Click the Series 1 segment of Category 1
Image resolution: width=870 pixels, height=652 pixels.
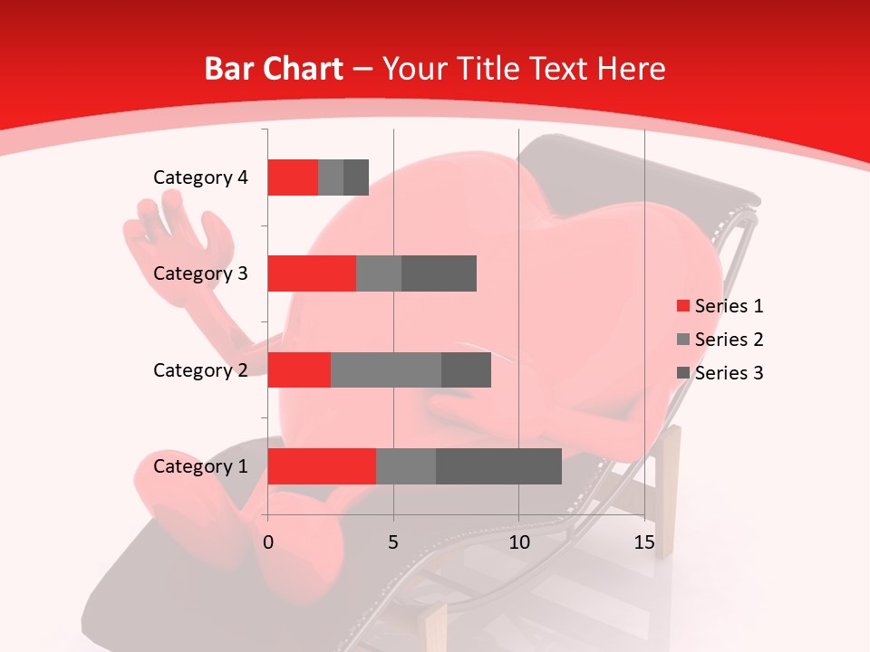[x=322, y=466]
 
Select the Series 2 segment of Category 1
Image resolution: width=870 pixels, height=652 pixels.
[x=406, y=466]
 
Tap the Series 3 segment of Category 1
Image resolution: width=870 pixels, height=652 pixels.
[x=498, y=466]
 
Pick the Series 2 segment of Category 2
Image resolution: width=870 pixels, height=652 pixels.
[x=386, y=369]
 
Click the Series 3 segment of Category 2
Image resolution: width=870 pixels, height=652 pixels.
[x=466, y=369]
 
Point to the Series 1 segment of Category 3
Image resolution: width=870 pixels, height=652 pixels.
[x=312, y=273]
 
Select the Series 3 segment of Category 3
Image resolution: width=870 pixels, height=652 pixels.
[x=439, y=273]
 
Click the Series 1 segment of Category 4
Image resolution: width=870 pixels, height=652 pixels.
[x=293, y=177]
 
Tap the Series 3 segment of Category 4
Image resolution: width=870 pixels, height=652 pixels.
[x=356, y=177]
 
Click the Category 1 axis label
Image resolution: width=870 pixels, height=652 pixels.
[x=200, y=466]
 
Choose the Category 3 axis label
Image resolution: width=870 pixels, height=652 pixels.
[x=200, y=273]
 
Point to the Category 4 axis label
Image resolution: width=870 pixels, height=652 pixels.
[x=200, y=177]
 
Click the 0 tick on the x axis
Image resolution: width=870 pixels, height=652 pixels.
[x=268, y=542]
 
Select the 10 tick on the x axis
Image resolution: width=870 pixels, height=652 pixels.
[x=519, y=542]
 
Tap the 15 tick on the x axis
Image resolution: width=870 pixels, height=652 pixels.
[x=644, y=542]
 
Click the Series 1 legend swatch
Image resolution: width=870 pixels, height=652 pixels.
[x=682, y=306]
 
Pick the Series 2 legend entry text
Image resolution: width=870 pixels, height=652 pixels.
[x=729, y=340]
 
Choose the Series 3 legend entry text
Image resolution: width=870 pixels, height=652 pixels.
[x=729, y=373]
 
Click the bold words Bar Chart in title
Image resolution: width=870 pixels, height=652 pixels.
[x=274, y=69]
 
